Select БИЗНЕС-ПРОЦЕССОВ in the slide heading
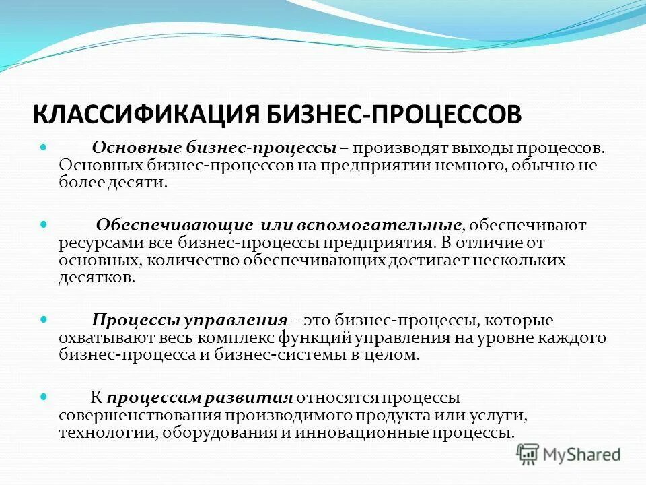(x=387, y=113)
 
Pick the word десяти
(x=136, y=183)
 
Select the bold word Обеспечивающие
(x=174, y=225)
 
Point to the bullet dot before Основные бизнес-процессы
(x=44, y=145)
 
